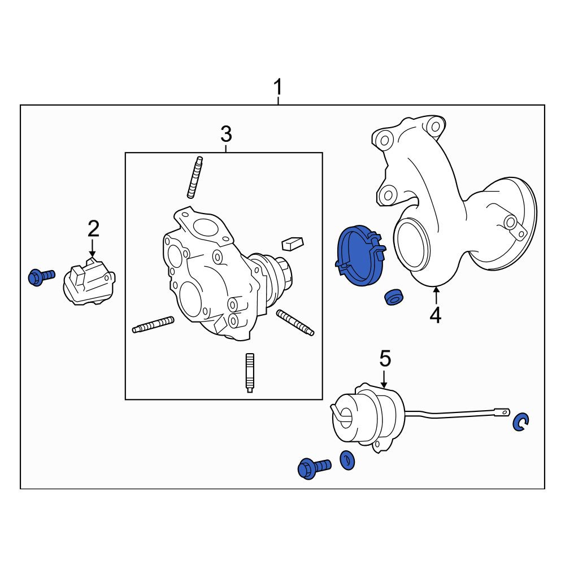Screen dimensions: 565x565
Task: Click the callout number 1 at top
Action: (x=277, y=88)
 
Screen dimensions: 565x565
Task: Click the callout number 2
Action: (x=93, y=228)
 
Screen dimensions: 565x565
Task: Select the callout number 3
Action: (x=226, y=134)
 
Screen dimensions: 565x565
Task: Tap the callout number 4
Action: (x=436, y=316)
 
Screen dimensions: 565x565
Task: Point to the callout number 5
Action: (x=385, y=359)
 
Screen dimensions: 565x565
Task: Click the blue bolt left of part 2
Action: (x=41, y=277)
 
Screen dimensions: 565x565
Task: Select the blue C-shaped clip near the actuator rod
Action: (x=521, y=422)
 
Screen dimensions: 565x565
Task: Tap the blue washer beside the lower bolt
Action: (x=347, y=460)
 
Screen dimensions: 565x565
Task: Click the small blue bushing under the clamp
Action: (x=394, y=297)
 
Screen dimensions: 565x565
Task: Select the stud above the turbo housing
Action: (x=195, y=177)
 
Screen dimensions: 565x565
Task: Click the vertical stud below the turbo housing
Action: (x=250, y=372)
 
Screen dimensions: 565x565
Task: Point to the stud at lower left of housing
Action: (x=153, y=325)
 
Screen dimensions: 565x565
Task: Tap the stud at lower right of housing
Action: (x=295, y=323)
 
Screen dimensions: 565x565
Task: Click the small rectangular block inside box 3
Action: (x=293, y=243)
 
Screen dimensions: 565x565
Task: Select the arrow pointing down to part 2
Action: (x=93, y=248)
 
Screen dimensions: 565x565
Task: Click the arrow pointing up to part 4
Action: (x=436, y=295)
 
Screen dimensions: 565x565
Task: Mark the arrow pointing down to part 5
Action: (x=384, y=379)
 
